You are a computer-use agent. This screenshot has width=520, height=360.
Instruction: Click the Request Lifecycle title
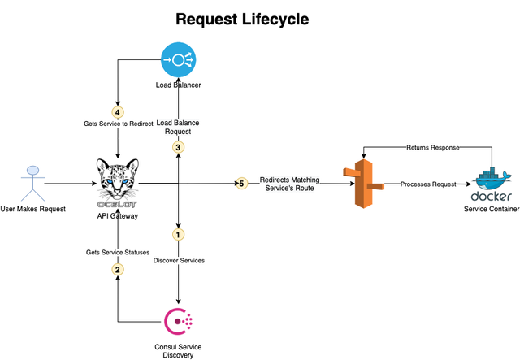242,20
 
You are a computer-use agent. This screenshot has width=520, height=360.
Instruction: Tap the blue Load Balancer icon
179,59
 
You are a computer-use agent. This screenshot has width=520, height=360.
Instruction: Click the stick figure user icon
32,184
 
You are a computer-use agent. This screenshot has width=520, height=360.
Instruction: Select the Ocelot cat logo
118,183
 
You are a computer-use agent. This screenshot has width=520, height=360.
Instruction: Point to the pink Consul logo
179,321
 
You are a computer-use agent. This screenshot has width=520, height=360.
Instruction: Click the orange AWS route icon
363,184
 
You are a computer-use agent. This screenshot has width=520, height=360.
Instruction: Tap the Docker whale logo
492,184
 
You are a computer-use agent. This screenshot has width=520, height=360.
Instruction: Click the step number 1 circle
178,235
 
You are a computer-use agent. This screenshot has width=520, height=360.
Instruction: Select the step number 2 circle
118,270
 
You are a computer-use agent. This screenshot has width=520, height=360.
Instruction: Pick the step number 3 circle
179,147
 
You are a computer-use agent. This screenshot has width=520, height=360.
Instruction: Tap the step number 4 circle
118,112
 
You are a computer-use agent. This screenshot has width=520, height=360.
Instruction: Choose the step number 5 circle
242,184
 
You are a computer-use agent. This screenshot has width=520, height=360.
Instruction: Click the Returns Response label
433,147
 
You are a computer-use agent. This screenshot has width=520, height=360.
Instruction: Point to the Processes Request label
428,184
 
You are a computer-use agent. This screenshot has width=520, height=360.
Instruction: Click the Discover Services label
179,261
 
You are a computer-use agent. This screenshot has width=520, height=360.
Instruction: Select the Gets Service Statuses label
118,252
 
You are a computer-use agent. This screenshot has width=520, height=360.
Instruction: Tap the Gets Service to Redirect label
119,124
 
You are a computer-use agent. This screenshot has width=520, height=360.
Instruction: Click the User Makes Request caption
32,209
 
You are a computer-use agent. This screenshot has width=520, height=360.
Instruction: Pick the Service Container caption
492,209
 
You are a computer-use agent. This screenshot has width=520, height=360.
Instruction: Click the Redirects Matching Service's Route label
289,184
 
